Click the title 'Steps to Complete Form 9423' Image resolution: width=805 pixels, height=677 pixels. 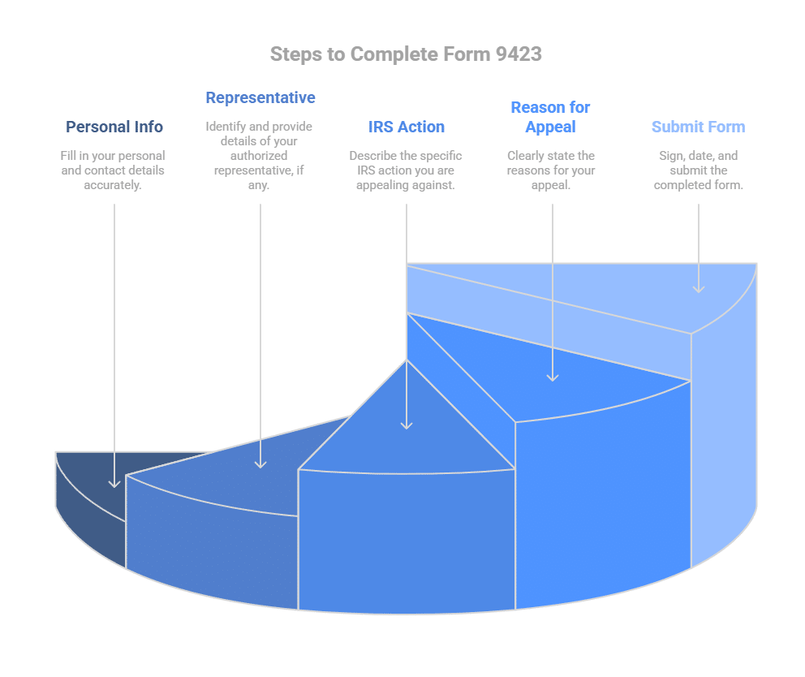tap(405, 54)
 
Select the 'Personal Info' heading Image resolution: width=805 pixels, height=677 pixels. tap(114, 127)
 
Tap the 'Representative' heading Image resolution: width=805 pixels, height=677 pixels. tap(260, 98)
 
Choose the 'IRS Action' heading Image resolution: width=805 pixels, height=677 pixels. tap(407, 127)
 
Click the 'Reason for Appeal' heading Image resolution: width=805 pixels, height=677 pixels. tap(550, 117)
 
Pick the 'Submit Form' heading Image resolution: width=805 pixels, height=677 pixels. tap(698, 127)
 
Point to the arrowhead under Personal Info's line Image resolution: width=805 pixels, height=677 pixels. tap(114, 484)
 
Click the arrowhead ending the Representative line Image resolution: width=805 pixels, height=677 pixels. tap(260, 464)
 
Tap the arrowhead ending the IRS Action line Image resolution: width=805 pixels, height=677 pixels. tap(407, 425)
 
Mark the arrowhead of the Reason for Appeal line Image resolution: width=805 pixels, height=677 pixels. tap(553, 376)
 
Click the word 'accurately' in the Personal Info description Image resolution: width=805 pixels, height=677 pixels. tap(113, 185)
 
